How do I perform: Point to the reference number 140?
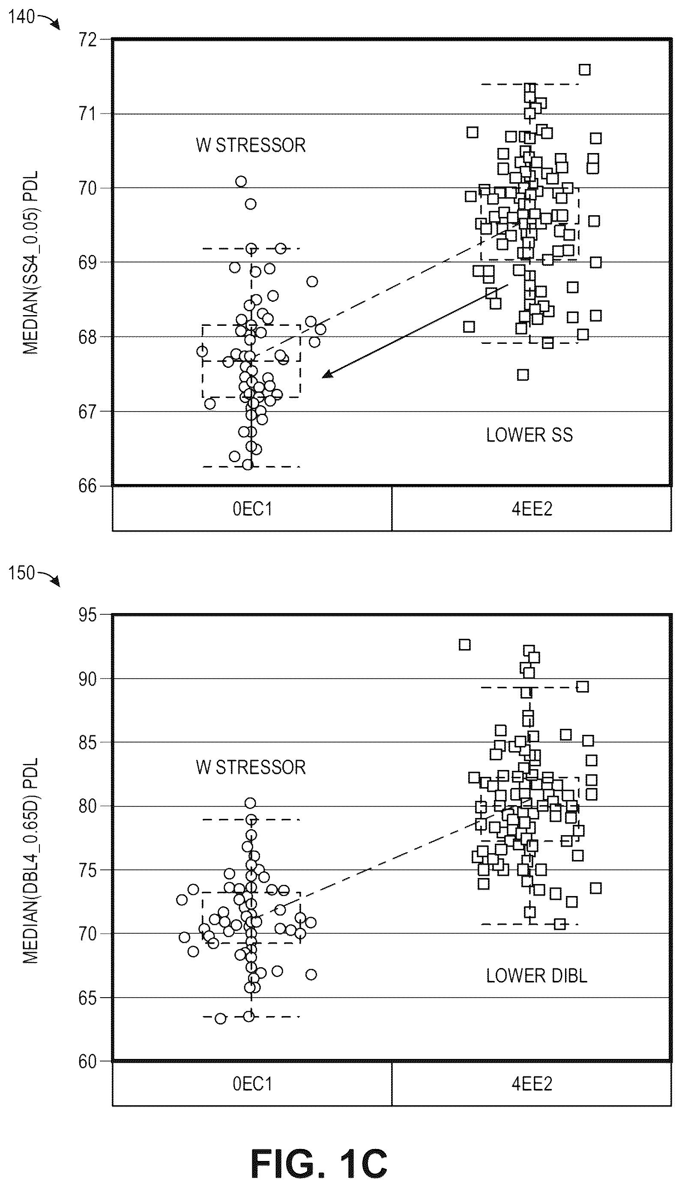21,17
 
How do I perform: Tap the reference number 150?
21,573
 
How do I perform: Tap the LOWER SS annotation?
529,435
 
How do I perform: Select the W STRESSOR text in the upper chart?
251,145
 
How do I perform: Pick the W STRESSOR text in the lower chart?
251,767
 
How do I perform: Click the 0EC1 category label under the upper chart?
252,508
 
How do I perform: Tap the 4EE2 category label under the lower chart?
532,1083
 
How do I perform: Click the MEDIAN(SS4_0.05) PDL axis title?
31,262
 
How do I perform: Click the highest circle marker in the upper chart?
241,181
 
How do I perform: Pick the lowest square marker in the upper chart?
523,374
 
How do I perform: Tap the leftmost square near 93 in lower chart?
464,645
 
